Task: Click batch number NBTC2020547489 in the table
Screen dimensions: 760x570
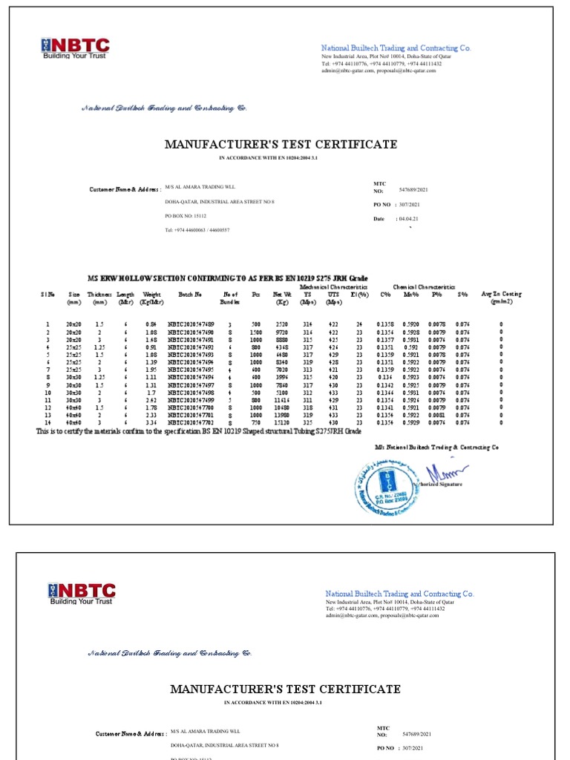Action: click(x=191, y=324)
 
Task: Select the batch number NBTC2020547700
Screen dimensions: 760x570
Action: click(x=191, y=407)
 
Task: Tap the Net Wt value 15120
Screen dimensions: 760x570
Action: click(x=282, y=422)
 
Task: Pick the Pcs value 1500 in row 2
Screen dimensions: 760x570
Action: click(x=256, y=332)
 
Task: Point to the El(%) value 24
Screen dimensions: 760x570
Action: click(x=359, y=324)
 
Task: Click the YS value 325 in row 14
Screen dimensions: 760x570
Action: click(x=308, y=422)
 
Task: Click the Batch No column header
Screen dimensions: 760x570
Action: click(x=190, y=295)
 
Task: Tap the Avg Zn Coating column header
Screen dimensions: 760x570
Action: click(x=501, y=298)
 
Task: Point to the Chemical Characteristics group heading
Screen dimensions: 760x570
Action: click(x=424, y=286)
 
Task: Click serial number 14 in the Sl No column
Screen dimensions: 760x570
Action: click(x=47, y=422)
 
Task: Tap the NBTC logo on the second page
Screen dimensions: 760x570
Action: click(x=82, y=594)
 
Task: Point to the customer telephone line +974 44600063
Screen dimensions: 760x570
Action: click(x=197, y=230)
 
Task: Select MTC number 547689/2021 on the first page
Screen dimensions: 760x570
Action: click(x=415, y=189)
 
